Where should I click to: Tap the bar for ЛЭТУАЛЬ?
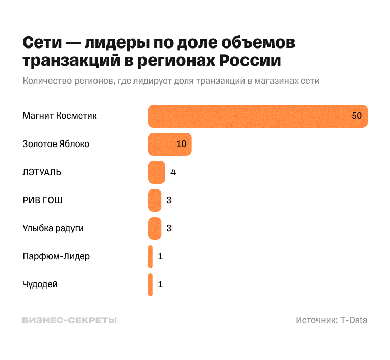tap(156, 172)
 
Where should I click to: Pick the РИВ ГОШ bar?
tap(154, 200)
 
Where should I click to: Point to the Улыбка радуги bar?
tap(154, 228)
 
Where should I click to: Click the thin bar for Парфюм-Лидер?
tap(150, 256)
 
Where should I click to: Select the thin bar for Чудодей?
tap(150, 284)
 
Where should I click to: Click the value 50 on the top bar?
tap(356, 116)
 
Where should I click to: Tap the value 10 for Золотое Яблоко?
tap(181, 144)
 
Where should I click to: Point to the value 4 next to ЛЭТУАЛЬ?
tap(173, 172)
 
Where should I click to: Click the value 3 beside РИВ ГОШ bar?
tap(169, 200)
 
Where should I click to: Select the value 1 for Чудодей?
tap(160, 284)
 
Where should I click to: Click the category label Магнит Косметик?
tap(60, 116)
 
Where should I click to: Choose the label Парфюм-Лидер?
tap(56, 256)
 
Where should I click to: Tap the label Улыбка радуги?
tap(53, 228)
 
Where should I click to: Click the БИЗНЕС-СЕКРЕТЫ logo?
tap(69, 320)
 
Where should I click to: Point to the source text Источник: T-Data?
tap(331, 320)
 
